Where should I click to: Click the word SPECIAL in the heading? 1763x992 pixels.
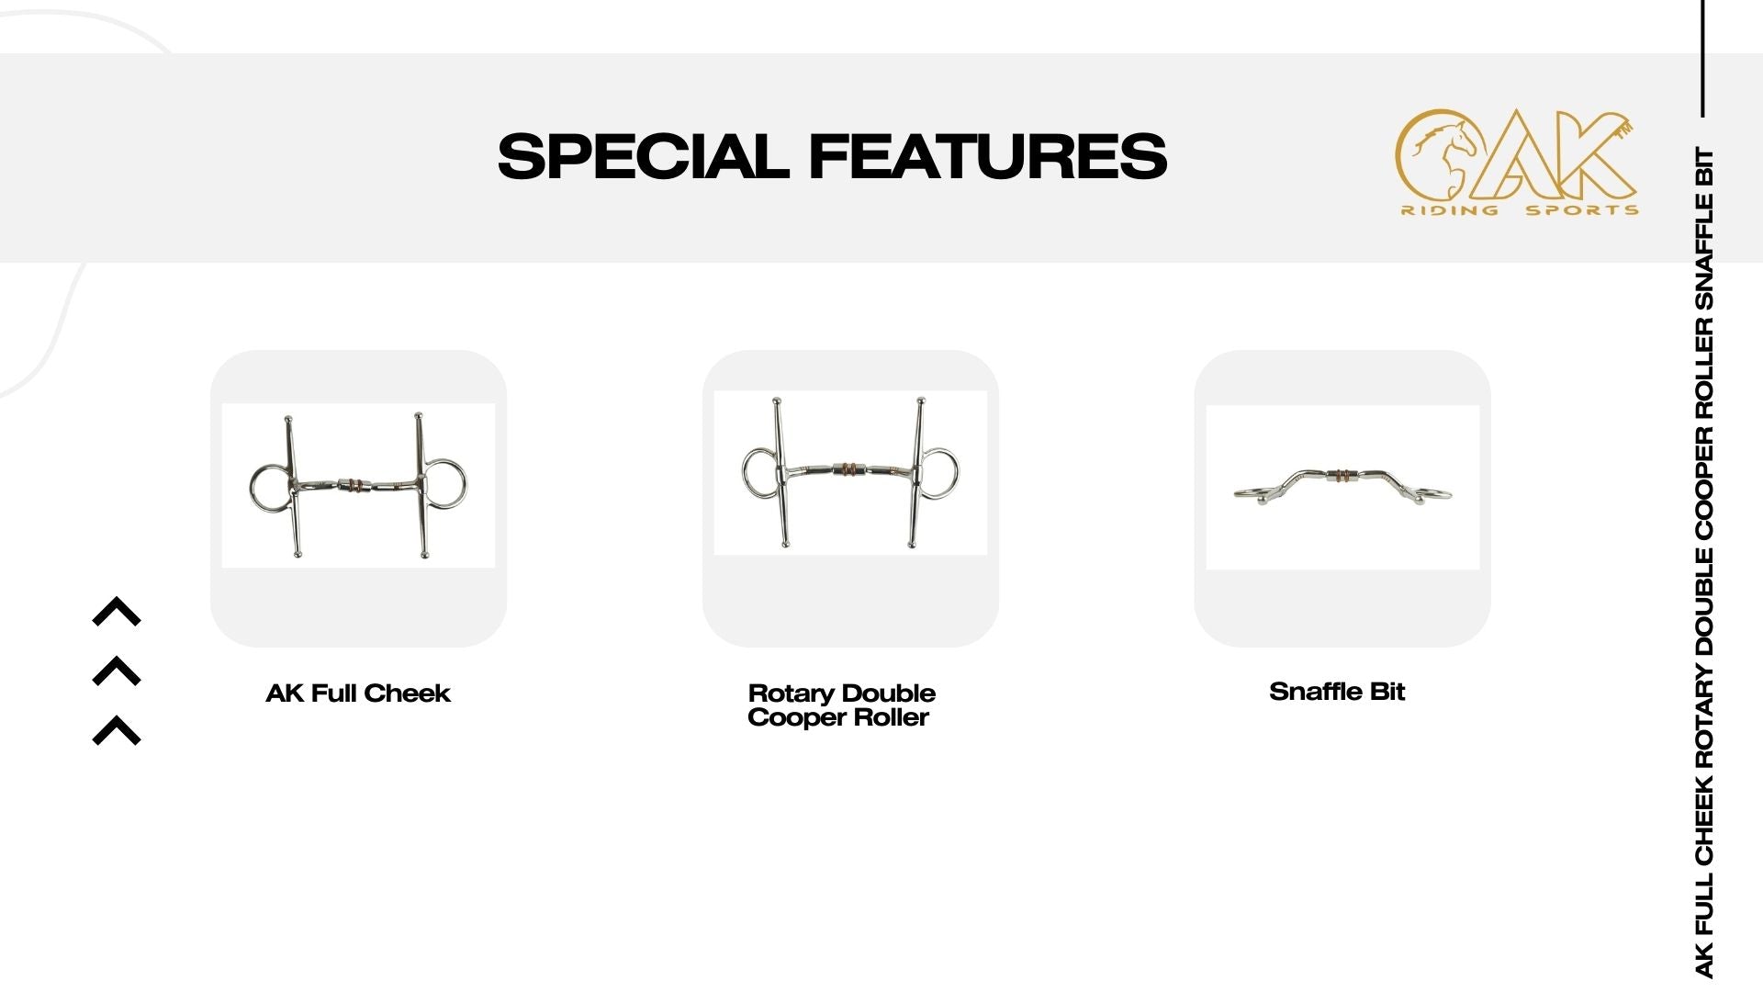click(644, 155)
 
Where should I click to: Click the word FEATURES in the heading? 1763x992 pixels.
click(988, 155)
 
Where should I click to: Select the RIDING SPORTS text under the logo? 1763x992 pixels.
click(1520, 210)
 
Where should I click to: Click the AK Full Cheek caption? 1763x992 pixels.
click(358, 693)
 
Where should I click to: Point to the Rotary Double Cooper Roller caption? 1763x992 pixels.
click(841, 705)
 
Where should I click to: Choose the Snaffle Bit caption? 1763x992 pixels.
click(1337, 692)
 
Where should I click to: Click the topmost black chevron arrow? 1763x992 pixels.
click(117, 612)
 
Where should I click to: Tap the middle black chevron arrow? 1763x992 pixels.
click(117, 671)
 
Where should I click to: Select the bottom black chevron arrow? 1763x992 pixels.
click(117, 730)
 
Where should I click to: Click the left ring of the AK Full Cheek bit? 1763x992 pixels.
click(251, 487)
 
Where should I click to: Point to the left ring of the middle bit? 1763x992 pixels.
click(745, 472)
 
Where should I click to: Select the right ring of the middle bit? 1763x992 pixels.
click(956, 472)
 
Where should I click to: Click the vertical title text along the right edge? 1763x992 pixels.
click(1704, 562)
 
